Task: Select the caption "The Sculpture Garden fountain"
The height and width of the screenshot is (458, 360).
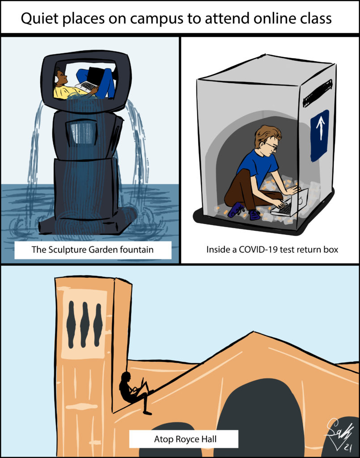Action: pyautogui.click(x=93, y=250)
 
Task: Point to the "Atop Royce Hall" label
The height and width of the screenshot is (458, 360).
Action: pyautogui.click(x=185, y=439)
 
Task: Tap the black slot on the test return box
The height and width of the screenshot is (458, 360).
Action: pyautogui.click(x=318, y=93)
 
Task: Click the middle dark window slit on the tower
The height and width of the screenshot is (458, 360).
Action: pyautogui.click(x=85, y=325)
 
